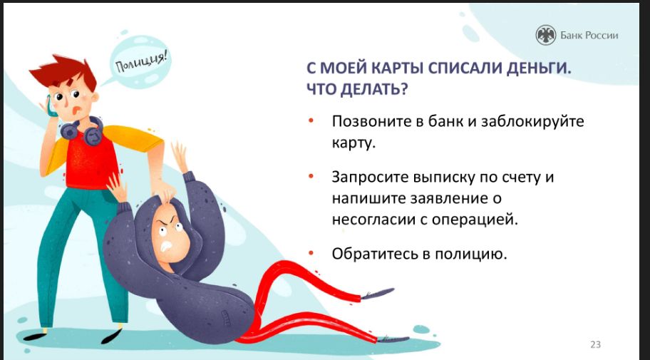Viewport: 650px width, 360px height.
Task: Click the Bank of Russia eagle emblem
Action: [545, 35]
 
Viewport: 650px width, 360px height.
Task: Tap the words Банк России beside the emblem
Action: [589, 36]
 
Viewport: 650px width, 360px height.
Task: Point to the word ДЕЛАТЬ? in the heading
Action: [373, 89]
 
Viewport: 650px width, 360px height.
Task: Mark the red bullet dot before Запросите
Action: [311, 177]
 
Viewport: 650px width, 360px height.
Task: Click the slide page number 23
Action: [595, 344]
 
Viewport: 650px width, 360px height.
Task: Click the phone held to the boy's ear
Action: [51, 107]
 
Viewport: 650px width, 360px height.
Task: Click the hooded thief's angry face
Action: [169, 235]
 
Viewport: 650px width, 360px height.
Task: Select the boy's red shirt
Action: [92, 163]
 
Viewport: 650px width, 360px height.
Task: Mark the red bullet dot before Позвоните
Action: [311, 121]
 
